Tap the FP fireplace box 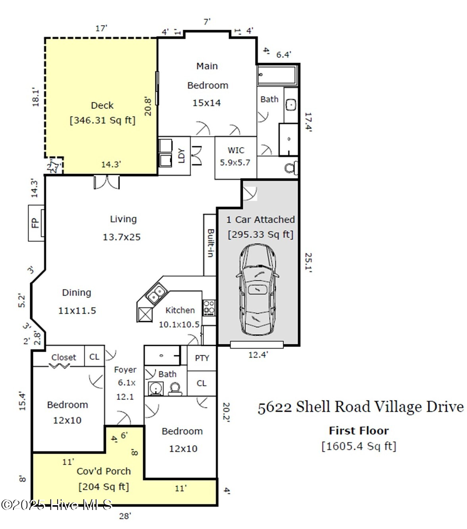(36, 222)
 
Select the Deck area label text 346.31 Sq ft (102, 120)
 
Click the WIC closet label (236, 150)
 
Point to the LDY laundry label (181, 156)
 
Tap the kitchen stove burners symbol (209, 307)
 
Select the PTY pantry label (202, 358)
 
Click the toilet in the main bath (291, 168)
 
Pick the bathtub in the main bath (277, 76)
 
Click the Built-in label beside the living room (210, 243)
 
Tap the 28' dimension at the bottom (125, 516)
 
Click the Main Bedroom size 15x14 (206, 103)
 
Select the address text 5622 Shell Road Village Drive (360, 407)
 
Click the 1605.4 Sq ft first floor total (359, 446)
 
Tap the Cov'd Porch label (104, 471)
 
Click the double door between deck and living (106, 182)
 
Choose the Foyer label (125, 370)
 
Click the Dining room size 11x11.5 (77, 310)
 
